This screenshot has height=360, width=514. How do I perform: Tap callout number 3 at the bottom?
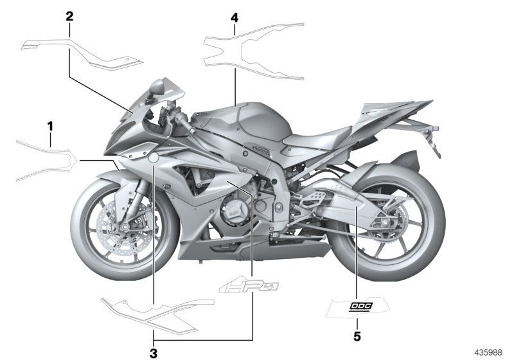click(x=154, y=352)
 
